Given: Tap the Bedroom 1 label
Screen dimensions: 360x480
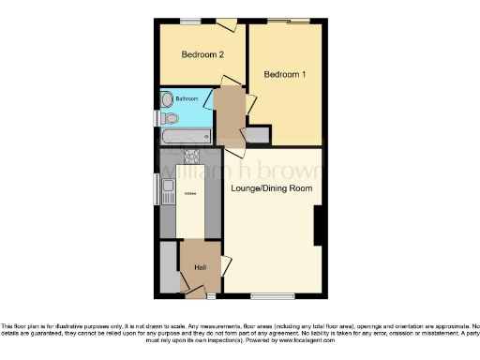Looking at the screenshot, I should click(284, 74).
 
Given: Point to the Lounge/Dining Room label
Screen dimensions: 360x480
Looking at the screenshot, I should click(271, 187).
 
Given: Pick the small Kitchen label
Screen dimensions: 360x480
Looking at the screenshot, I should click(190, 194).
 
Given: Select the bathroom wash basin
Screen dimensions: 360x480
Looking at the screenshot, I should click(168, 98).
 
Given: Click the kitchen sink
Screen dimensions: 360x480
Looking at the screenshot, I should click(168, 193).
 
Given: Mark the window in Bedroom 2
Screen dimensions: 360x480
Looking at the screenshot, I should click(191, 21).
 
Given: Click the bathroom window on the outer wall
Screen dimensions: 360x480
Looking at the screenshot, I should click(157, 118).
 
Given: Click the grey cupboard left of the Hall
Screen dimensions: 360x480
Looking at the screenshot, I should click(168, 267).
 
